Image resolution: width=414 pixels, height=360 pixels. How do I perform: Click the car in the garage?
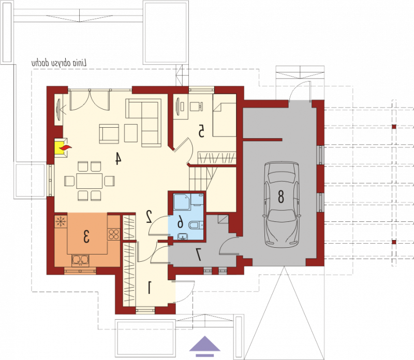pyautogui.click(x=282, y=204)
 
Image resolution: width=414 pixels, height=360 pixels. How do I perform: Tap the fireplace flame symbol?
pyautogui.click(x=65, y=148)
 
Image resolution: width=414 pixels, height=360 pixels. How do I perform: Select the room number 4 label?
pyautogui.click(x=118, y=159)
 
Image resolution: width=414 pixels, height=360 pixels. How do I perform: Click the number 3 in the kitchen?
pyautogui.click(x=86, y=236)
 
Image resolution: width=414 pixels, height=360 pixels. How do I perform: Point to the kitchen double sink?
pyautogui.click(x=80, y=260)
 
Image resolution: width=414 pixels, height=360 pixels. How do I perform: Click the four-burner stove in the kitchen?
pyautogui.click(x=114, y=234)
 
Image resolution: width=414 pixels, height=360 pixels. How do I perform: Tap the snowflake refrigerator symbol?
pyautogui.click(x=61, y=221)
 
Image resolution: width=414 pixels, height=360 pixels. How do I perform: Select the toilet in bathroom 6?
pyautogui.click(x=196, y=225)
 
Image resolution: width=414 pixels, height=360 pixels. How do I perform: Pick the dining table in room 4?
pyautogui.click(x=89, y=181)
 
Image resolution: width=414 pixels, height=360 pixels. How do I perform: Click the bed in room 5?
pyautogui.click(x=224, y=119)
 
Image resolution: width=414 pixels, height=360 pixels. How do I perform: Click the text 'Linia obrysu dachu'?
pyautogui.click(x=60, y=63)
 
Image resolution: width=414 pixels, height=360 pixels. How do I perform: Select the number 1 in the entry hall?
pyautogui.click(x=150, y=288)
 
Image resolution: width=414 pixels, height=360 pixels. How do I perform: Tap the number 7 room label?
pyautogui.click(x=198, y=254)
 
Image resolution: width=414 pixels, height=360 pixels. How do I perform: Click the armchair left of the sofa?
pyautogui.click(x=109, y=133)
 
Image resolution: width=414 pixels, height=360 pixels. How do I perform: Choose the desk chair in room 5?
pyautogui.click(x=197, y=107)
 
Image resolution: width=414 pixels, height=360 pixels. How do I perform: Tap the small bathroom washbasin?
pyautogui.click(x=183, y=236)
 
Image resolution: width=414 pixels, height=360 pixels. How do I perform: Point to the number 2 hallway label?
pyautogui.click(x=149, y=216)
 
